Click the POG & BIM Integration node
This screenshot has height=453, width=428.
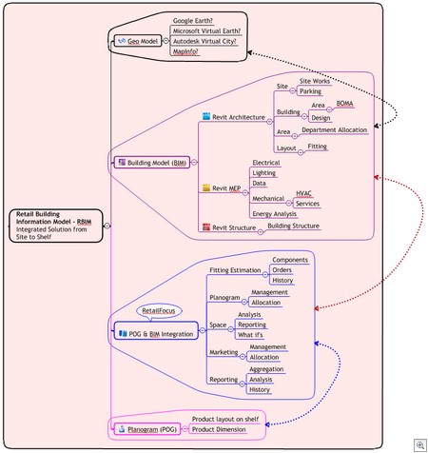pyautogui.click(x=155, y=333)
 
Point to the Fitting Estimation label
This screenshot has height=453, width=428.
pyautogui.click(x=236, y=270)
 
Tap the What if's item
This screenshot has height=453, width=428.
pyautogui.click(x=252, y=335)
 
